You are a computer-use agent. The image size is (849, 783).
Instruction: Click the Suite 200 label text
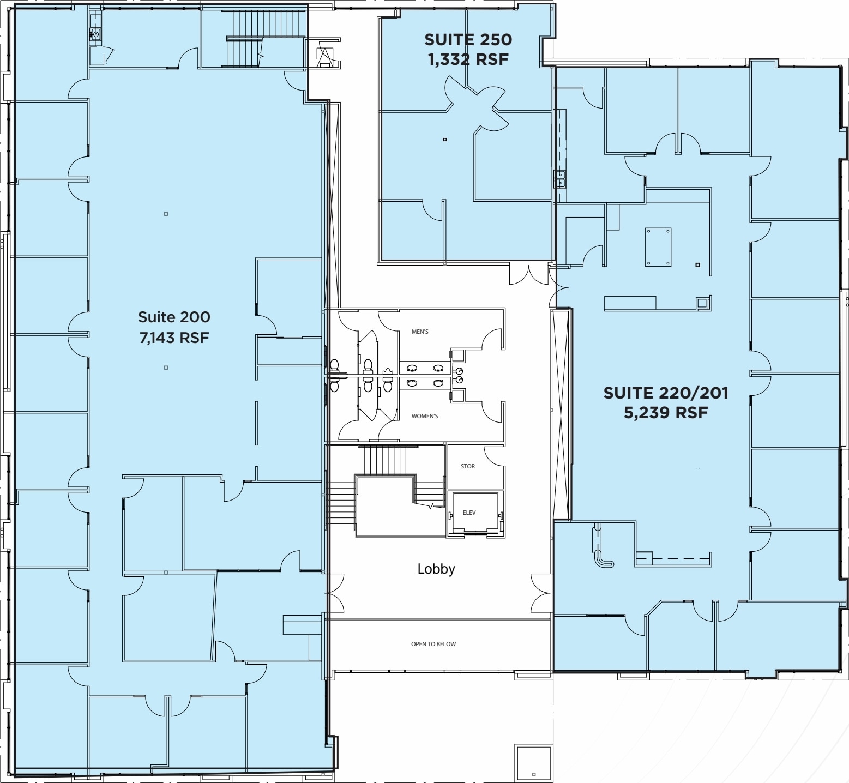click(173, 317)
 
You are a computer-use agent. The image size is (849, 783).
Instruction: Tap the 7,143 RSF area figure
click(174, 338)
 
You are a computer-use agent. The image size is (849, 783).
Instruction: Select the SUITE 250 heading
click(468, 39)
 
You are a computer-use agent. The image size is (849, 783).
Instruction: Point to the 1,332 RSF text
click(468, 59)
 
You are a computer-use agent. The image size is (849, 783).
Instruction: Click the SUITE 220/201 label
click(665, 393)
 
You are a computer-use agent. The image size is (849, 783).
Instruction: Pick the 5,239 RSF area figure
click(665, 413)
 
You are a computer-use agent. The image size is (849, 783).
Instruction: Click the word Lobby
click(436, 569)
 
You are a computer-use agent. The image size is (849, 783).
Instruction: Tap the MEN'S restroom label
click(420, 332)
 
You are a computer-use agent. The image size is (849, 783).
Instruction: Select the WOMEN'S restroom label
click(424, 416)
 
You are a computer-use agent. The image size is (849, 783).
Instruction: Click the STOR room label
click(467, 466)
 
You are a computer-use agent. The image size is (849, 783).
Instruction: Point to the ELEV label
click(469, 513)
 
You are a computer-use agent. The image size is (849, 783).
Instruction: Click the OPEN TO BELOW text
click(433, 644)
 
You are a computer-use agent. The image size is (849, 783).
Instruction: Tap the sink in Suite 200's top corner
click(95, 34)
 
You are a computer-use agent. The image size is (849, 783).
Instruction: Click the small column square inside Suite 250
click(445, 140)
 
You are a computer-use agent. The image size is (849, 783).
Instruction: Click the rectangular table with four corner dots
click(658, 247)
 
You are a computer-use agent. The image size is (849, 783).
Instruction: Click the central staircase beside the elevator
click(384, 491)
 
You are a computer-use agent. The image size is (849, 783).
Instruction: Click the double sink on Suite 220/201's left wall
click(560, 178)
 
